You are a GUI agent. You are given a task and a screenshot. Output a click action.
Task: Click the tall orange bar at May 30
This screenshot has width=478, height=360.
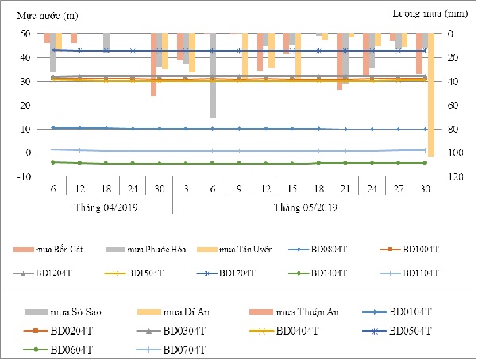pos(430,95)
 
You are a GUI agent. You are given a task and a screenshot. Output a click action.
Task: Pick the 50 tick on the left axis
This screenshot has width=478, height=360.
pos(26,34)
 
